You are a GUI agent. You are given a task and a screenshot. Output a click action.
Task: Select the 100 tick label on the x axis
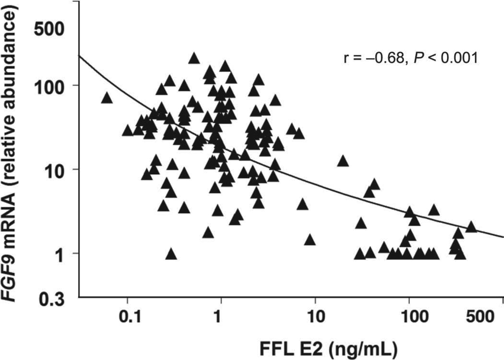(408, 318)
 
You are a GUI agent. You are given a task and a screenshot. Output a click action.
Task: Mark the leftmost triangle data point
(107, 98)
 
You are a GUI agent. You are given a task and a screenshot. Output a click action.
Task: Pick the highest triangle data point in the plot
(194, 58)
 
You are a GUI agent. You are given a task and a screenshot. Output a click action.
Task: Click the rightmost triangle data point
(471, 227)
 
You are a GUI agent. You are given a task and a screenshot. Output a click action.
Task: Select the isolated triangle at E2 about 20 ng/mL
(343, 161)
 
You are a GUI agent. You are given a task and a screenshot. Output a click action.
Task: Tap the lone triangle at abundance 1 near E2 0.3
(171, 254)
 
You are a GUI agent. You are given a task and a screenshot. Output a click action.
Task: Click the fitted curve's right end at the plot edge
(503, 237)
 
